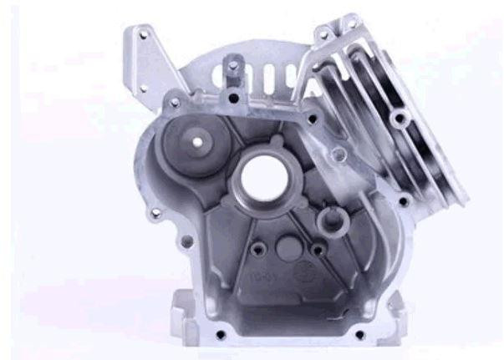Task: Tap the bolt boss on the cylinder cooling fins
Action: click(x=401, y=119)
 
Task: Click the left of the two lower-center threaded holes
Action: click(x=256, y=247)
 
